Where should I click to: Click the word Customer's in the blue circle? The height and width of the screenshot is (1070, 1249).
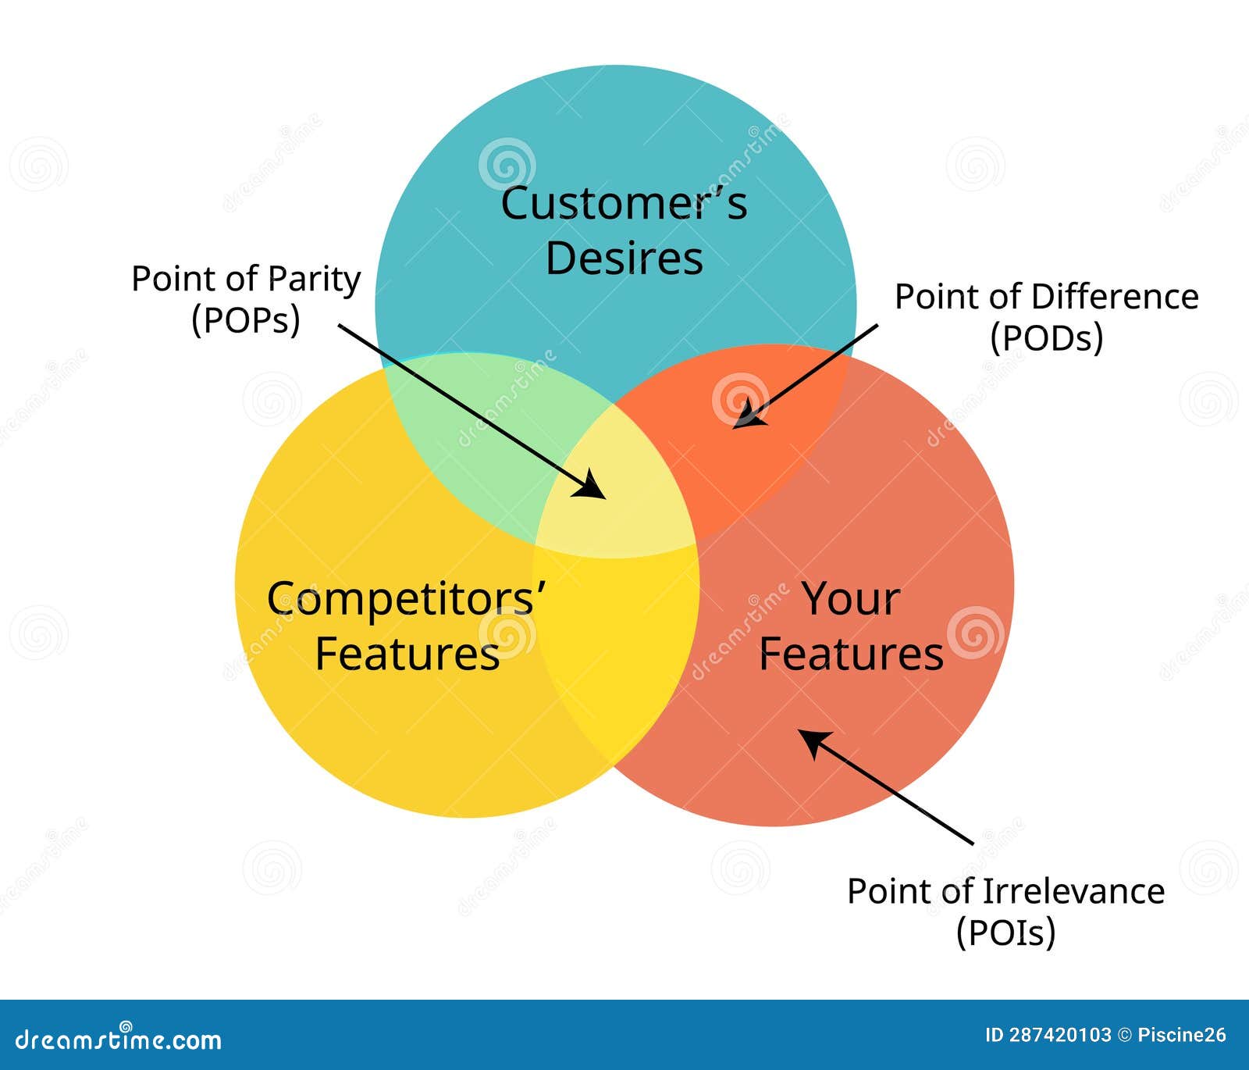(x=624, y=204)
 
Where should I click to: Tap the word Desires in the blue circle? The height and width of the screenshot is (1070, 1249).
(x=624, y=259)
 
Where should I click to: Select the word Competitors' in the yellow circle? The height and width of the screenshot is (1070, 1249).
(x=407, y=600)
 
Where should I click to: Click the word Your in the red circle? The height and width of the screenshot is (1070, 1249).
(x=851, y=600)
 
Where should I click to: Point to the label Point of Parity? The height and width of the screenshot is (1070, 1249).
(x=246, y=279)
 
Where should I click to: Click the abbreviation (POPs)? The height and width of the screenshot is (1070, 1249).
(x=246, y=319)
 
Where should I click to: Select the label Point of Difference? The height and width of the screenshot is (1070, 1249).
(x=1046, y=297)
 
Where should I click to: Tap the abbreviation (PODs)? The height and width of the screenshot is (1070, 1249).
(x=1046, y=338)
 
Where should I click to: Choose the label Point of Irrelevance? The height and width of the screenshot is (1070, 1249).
(x=1005, y=891)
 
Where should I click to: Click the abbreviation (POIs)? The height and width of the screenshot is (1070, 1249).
(x=1005, y=932)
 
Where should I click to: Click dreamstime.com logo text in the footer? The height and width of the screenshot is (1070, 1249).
(x=119, y=1040)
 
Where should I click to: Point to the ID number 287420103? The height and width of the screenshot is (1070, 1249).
(x=1059, y=1036)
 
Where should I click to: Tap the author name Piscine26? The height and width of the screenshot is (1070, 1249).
(x=1182, y=1036)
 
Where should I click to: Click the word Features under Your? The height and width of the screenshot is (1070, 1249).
(x=851, y=654)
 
